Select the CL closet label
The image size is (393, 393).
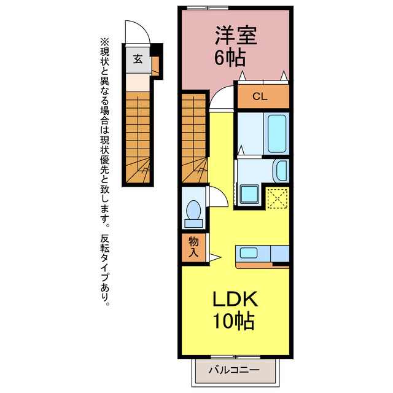pos(260,96)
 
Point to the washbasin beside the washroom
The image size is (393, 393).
pos(281,170)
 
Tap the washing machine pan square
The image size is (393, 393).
pos(251,195)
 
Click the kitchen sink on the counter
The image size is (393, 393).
pos(249,252)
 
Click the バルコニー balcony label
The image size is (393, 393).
pos(233,370)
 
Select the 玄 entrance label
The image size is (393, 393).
pos(138,60)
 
